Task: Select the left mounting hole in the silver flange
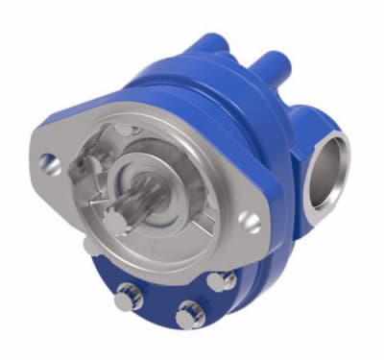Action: pos(51,164)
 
